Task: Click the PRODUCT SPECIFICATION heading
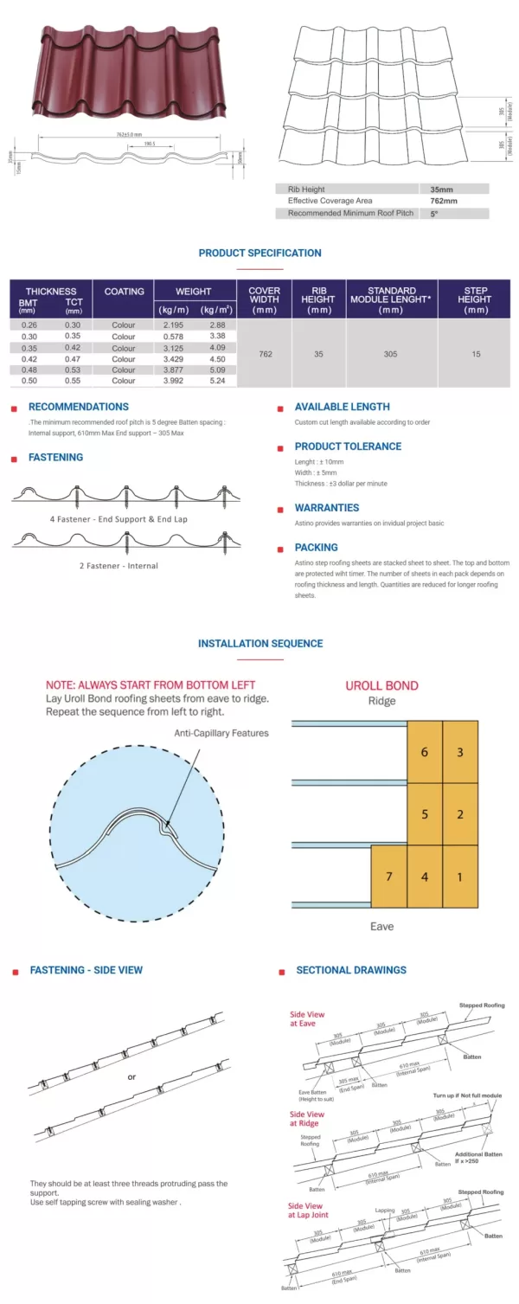pos(259,253)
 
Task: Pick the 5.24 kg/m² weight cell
pos(217,381)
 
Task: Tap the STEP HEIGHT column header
pos(475,299)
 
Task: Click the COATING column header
pos(124,292)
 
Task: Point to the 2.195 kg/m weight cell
pos(173,324)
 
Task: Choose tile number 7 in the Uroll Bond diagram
pos(389,877)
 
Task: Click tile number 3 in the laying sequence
pos(460,752)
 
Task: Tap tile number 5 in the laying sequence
pos(425,814)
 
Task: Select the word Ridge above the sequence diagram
pos(381,701)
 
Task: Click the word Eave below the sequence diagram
pos(381,926)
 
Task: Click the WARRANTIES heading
pos(326,508)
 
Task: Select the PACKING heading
pos(316,548)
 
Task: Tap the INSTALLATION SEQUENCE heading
pos(259,644)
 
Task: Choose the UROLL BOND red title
pos(381,685)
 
